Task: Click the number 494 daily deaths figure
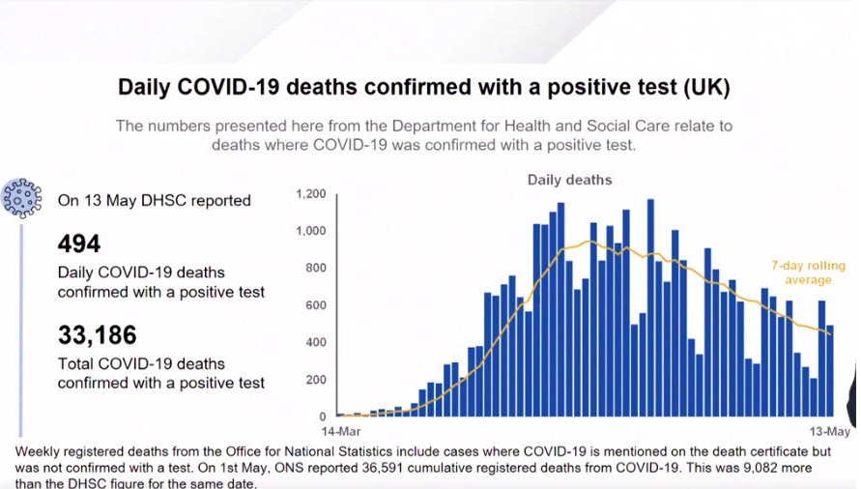coord(79,244)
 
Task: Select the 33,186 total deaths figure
coord(98,335)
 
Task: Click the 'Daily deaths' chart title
coord(569,180)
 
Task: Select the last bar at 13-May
coord(829,371)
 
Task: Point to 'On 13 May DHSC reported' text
coord(155,201)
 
